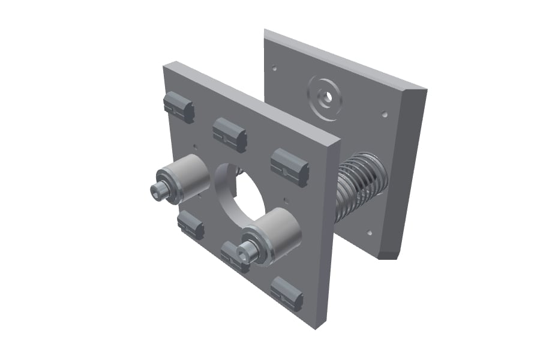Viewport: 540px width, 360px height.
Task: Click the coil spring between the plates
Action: click(360, 186)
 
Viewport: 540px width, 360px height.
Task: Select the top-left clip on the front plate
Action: click(178, 107)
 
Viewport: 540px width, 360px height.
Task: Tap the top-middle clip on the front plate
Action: click(230, 134)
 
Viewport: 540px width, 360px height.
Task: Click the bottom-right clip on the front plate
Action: click(286, 294)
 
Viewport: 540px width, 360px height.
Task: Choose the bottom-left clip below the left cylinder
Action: click(191, 226)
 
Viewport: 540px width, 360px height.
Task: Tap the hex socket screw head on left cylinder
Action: click(160, 191)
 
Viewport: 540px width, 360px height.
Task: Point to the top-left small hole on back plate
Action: click(274, 68)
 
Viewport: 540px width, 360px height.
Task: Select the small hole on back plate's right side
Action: click(385, 113)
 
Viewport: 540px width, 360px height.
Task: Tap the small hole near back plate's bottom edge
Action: click(370, 233)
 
